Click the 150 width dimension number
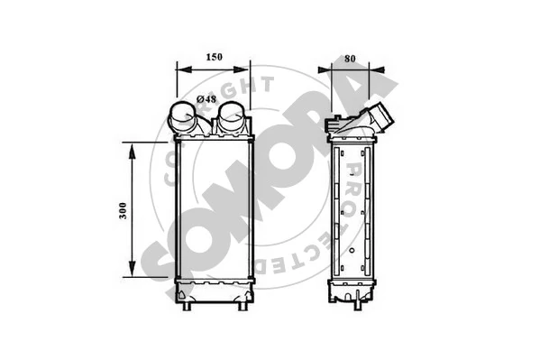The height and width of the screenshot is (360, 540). [215, 57]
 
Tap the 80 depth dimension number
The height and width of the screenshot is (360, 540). [350, 59]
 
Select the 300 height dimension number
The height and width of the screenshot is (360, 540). [123, 211]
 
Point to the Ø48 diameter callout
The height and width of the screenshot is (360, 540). [206, 99]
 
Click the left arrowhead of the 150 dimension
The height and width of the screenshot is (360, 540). [183, 69]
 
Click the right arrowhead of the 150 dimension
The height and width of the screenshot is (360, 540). [241, 69]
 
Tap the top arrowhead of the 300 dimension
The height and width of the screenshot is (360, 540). [132, 152]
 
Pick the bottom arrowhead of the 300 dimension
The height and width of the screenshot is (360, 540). [132, 268]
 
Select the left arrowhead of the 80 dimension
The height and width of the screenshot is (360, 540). [325, 70]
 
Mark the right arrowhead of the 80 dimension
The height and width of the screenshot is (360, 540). [377, 70]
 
